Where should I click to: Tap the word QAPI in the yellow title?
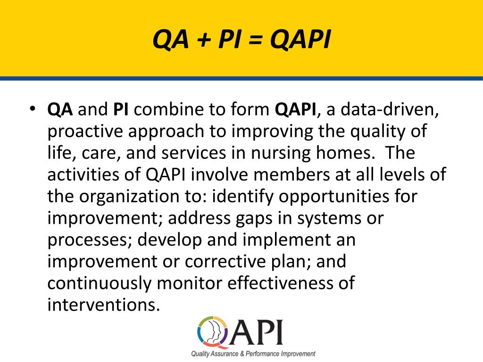click(x=300, y=41)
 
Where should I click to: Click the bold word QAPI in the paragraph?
click(x=295, y=110)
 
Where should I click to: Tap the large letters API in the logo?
click(x=257, y=332)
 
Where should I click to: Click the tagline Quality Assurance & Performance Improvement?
click(x=253, y=354)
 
